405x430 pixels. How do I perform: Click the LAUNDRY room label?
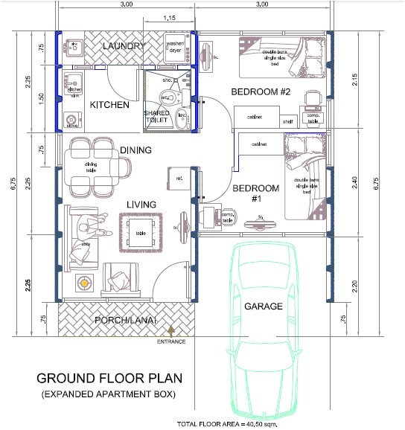123,47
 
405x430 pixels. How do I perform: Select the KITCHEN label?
109,105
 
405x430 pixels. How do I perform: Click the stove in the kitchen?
72,120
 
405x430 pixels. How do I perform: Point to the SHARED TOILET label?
157,117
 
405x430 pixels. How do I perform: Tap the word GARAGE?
265,305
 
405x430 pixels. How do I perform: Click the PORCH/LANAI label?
127,320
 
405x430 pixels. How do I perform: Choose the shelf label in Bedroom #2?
287,122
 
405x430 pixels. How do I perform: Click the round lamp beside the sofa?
84,282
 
